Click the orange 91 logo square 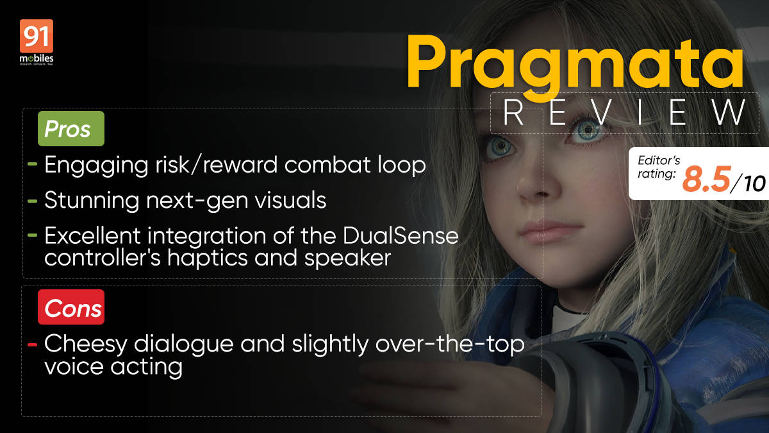(37, 36)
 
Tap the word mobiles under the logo (37, 58)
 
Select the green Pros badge (71, 128)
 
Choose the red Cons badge (71, 307)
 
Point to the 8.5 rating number (706, 180)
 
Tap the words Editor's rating (658, 167)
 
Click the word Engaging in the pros (97, 166)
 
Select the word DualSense (401, 236)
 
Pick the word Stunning (92, 201)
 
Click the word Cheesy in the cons (85, 344)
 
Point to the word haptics (208, 259)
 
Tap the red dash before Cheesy (32, 344)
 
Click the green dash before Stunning (32, 201)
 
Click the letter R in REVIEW (513, 112)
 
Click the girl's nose (539, 185)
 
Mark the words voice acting (113, 368)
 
